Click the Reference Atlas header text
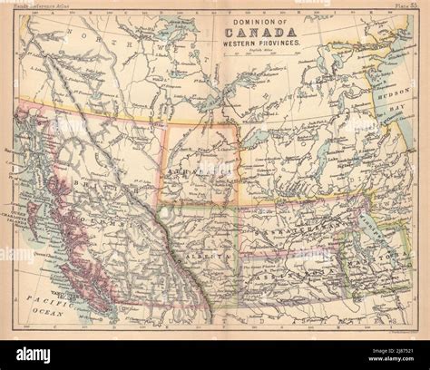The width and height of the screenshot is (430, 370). coord(40,8)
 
